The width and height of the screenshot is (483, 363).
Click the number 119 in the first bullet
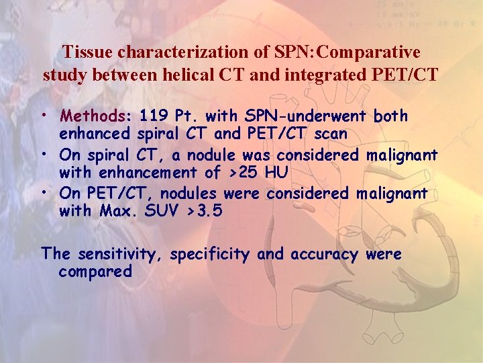[154, 116]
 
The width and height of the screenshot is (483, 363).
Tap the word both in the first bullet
[390, 116]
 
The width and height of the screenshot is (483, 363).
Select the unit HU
[277, 173]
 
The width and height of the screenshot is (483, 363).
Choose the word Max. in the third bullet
[117, 212]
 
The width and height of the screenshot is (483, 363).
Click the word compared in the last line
[95, 272]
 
